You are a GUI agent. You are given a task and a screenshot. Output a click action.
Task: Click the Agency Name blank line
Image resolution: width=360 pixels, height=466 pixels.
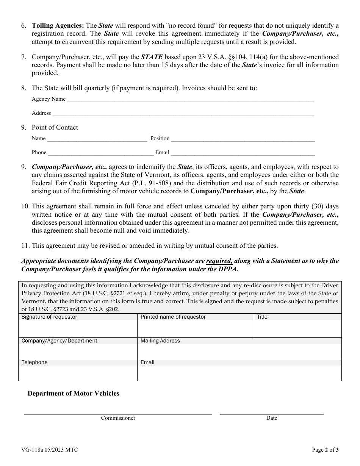(190, 100)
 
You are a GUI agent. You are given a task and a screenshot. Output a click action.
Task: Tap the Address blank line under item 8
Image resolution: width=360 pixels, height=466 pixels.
(183, 114)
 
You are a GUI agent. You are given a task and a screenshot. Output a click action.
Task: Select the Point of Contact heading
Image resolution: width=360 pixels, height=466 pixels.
(55, 128)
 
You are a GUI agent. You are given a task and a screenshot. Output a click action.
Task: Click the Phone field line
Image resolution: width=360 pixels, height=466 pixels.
(100, 154)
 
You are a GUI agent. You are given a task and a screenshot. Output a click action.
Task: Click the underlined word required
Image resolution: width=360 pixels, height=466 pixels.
(219, 261)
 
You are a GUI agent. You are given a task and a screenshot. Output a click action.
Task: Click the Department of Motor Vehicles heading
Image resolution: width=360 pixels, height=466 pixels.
(74, 394)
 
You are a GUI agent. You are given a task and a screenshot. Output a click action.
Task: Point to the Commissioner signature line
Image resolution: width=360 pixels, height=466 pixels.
(118, 414)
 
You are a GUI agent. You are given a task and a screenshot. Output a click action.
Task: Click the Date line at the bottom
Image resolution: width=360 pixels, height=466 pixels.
(272, 414)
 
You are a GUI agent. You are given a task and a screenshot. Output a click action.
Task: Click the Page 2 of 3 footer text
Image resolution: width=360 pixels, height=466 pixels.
(325, 450)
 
